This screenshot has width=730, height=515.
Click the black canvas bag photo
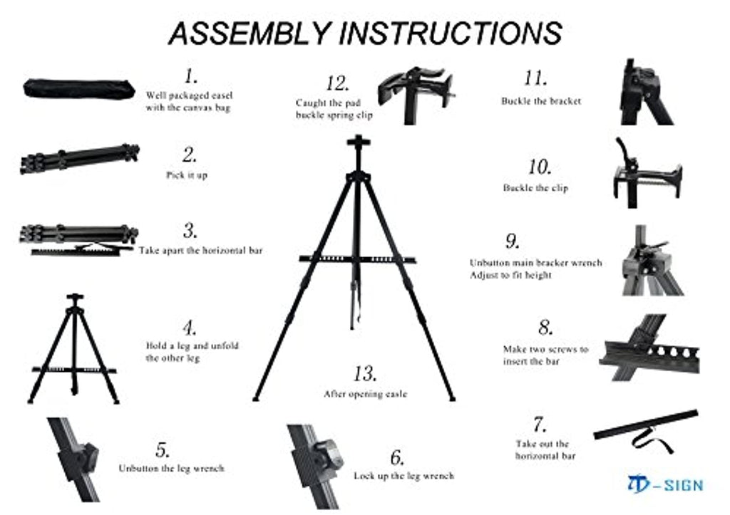[x=78, y=88]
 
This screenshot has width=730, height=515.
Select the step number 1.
[x=190, y=76]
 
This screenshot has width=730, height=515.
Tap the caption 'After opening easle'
[x=365, y=393]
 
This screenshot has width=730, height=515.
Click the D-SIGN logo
[x=665, y=485]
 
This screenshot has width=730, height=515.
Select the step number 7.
[x=540, y=425]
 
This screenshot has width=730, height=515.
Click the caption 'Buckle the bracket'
[x=541, y=101]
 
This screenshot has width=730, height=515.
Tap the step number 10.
[x=540, y=168]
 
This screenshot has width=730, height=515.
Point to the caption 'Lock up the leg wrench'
[x=403, y=475]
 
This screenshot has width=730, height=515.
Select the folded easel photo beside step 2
[x=79, y=159]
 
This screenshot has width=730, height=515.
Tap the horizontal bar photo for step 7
[x=645, y=424]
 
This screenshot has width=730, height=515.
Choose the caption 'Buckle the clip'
[x=535, y=188]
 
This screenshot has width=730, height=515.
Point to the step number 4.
[x=189, y=328]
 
